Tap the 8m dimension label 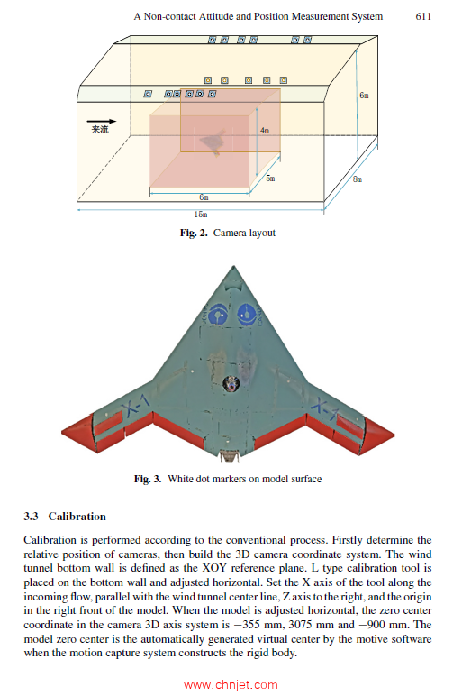pyautogui.click(x=358, y=179)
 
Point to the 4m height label pyautogui.click(x=264, y=131)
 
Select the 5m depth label pyautogui.click(x=270, y=179)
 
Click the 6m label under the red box pyautogui.click(x=204, y=197)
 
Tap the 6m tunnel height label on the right pyautogui.click(x=363, y=95)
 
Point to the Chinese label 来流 pyautogui.click(x=100, y=131)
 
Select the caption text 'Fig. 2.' pyautogui.click(x=194, y=233)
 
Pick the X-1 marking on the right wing pyautogui.click(x=325, y=411)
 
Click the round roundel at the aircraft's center pyautogui.click(x=231, y=385)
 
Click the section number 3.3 pyautogui.click(x=32, y=517)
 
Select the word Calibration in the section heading pyautogui.click(x=77, y=517)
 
